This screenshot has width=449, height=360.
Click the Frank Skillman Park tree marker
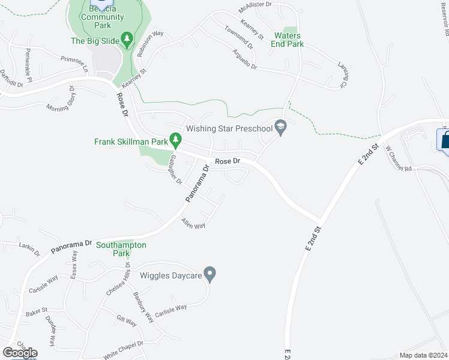coord(175,141)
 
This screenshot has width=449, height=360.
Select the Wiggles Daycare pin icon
coord(209,275)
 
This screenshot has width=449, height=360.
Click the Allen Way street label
coord(193,224)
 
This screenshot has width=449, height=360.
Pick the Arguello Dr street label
coord(245,58)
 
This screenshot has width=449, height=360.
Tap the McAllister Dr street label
coord(255,7)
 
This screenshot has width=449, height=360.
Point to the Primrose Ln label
coord(74,64)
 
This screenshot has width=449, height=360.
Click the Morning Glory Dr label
coord(62,99)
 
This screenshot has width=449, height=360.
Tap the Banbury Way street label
coord(145,307)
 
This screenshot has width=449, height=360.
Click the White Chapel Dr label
coord(123,348)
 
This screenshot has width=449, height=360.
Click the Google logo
coord(20,353)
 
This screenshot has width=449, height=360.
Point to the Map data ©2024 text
coord(423,355)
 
